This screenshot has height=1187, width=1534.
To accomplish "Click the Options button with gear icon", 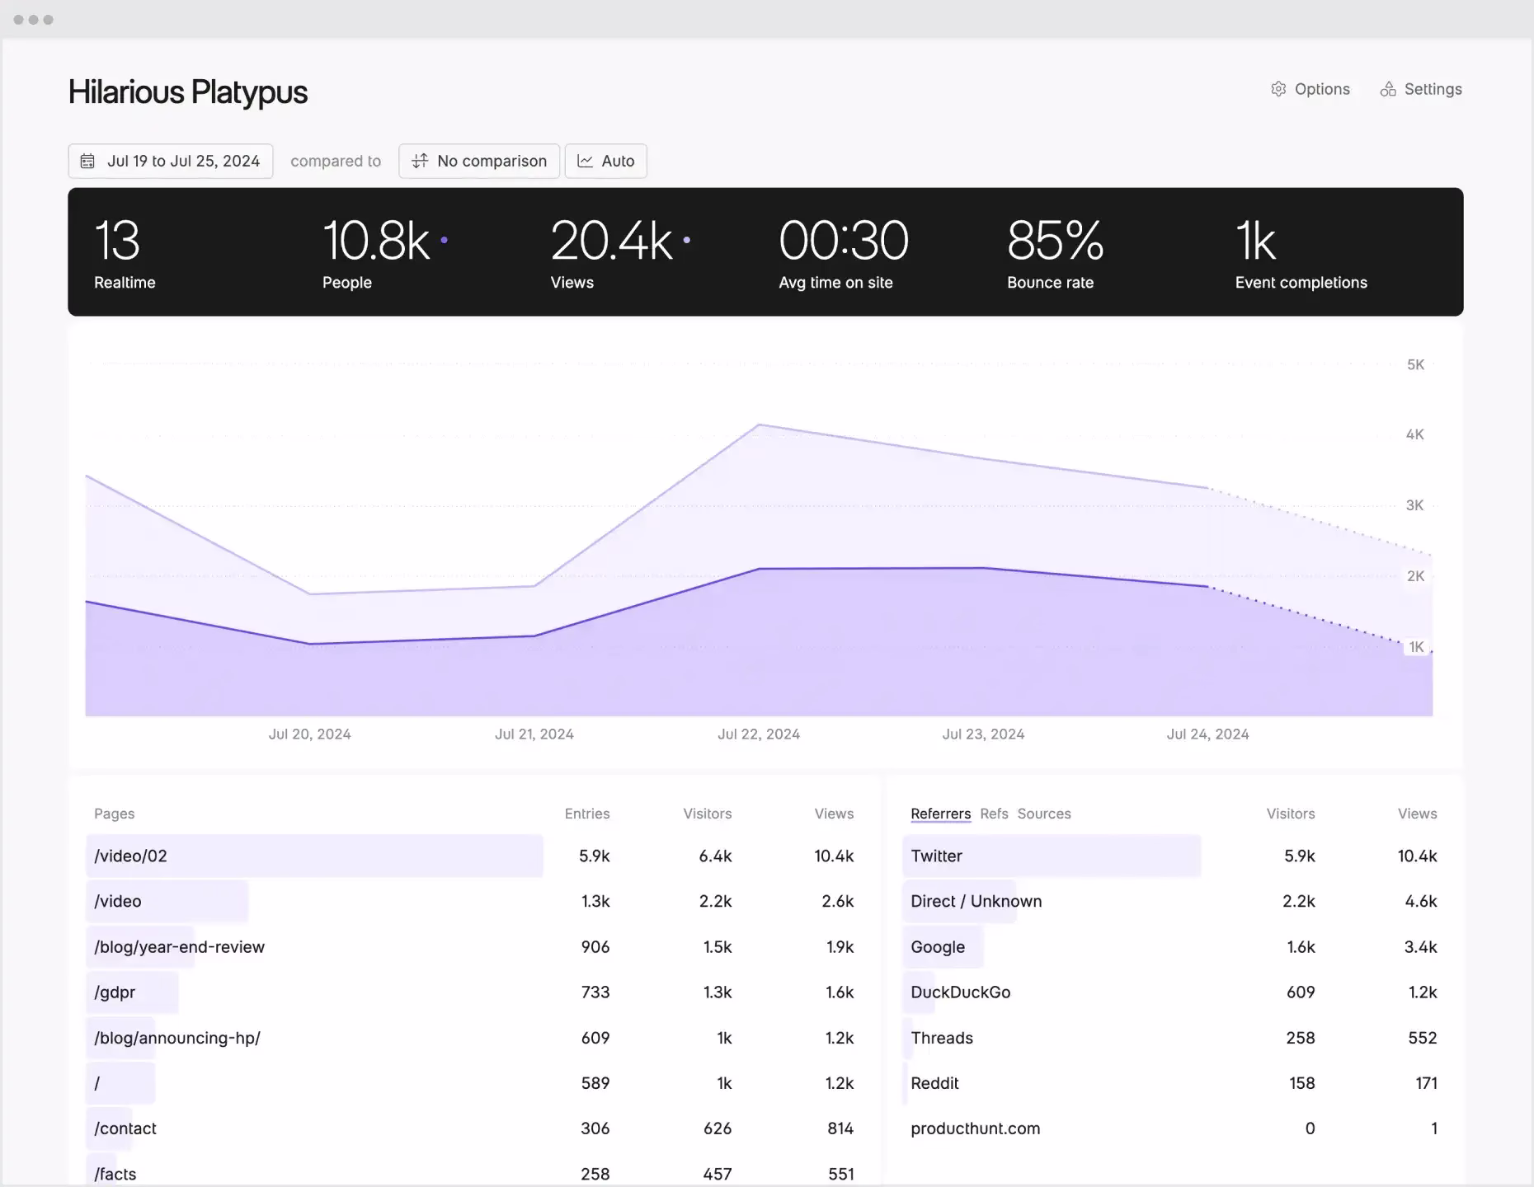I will point(1310,89).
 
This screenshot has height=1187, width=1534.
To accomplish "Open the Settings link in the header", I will point(1421,89).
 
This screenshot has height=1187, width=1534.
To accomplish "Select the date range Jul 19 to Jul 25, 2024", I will point(171,161).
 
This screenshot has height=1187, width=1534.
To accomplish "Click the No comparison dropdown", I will point(479,161).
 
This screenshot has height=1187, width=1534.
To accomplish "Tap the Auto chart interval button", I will point(606,161).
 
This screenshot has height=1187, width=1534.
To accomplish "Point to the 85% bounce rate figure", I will point(1055,241).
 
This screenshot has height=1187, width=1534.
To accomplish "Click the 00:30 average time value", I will point(843,241).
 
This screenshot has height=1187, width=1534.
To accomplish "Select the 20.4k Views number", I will point(611,241).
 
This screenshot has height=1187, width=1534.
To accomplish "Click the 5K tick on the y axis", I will point(1415,364).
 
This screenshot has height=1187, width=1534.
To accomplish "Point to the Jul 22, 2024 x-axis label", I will point(759,734).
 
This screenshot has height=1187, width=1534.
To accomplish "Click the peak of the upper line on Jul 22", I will point(759,425).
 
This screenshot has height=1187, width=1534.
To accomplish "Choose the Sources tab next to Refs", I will point(1044,814).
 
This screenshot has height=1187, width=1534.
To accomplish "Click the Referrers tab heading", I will point(940,814).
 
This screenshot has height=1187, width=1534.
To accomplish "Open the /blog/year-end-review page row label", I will point(179,946).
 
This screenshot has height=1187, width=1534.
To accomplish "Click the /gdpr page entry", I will point(115,992).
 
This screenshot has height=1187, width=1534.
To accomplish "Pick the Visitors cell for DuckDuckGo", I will point(1301,992).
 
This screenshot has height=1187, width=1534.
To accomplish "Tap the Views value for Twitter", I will point(1417,856).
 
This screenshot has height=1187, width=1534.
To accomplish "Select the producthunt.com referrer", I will point(975,1128).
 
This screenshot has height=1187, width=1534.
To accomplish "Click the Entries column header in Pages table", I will point(587,814).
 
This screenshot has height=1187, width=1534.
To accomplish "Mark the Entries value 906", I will point(595,946).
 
